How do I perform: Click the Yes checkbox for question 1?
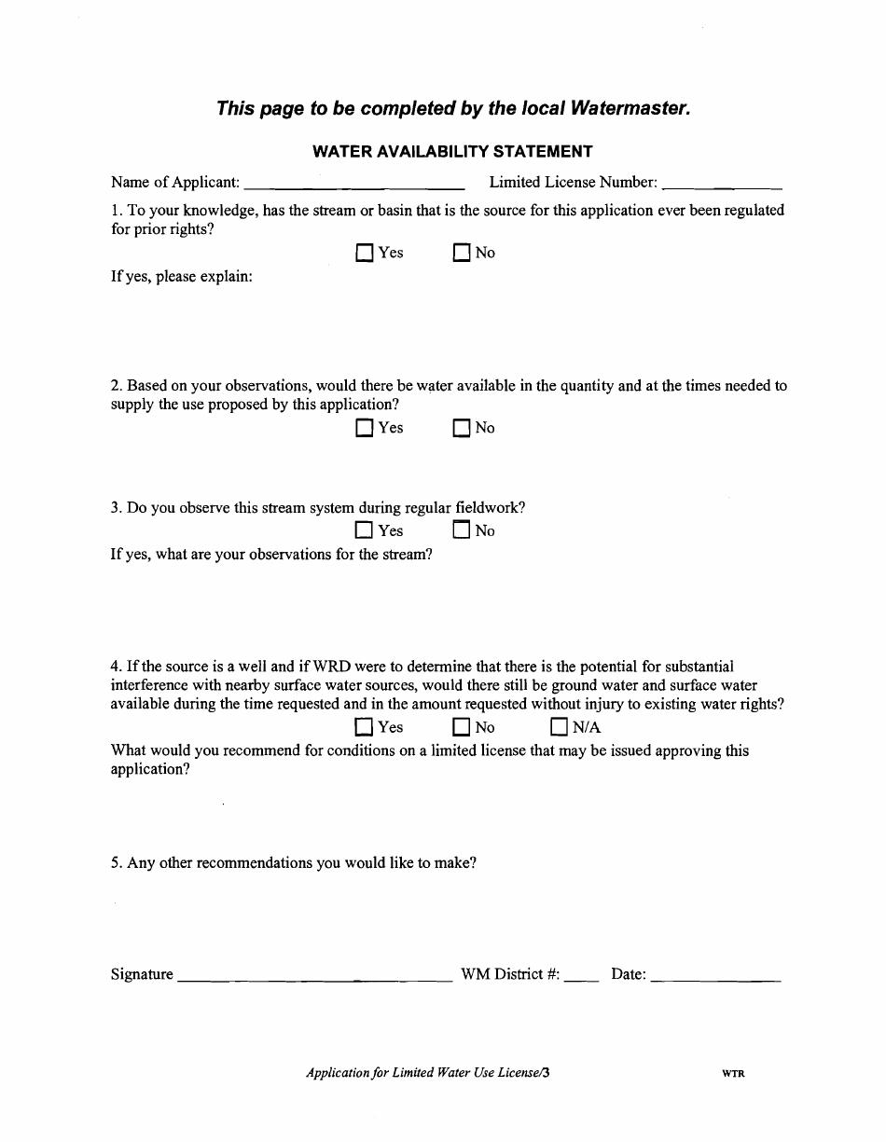click(x=364, y=254)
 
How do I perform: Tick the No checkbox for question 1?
click(x=461, y=254)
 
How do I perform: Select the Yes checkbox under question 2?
click(x=364, y=429)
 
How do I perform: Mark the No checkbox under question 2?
click(x=461, y=429)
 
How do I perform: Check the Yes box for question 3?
click(x=364, y=531)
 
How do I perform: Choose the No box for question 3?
click(x=461, y=531)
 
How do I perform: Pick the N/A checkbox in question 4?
click(x=559, y=728)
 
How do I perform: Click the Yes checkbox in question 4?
click(x=364, y=728)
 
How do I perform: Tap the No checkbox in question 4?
click(x=461, y=728)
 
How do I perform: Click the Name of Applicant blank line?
click(x=354, y=184)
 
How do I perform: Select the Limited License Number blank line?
click(x=721, y=184)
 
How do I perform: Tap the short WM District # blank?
click(x=581, y=976)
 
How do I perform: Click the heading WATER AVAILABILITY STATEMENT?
click(x=452, y=151)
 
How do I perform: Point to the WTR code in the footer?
click(x=733, y=1074)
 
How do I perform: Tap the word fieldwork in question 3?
click(x=490, y=508)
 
